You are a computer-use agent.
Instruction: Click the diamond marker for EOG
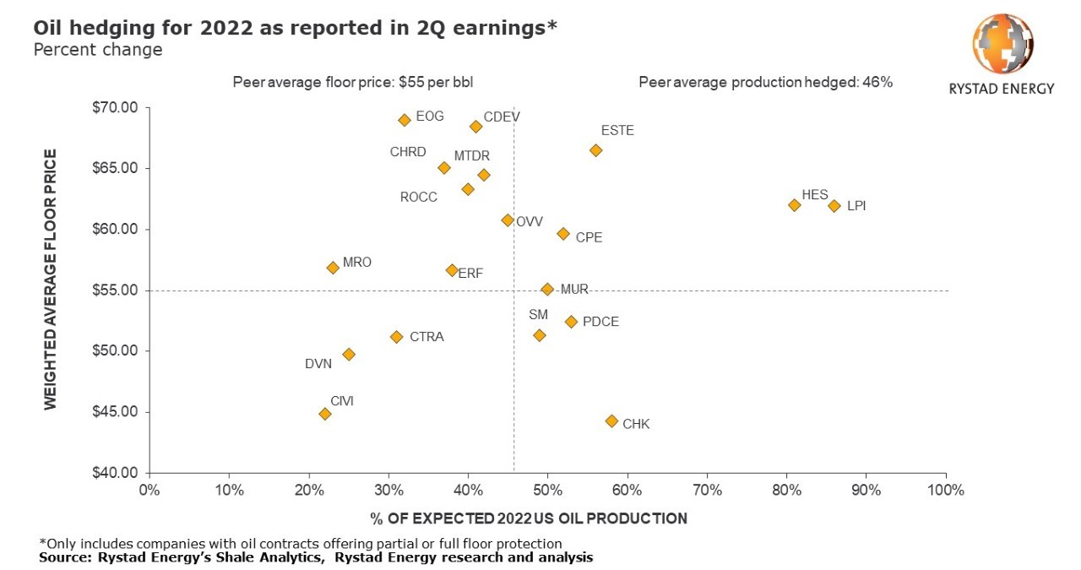[405, 120]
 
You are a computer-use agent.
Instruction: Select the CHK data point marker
[612, 421]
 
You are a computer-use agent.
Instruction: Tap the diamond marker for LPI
[834, 206]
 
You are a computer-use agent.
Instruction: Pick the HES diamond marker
[795, 205]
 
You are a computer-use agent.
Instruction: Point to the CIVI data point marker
[325, 414]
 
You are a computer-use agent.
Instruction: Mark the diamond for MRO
[333, 268]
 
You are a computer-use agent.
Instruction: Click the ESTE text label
[617, 131]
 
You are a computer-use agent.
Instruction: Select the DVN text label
[318, 364]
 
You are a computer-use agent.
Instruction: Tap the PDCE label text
[600, 322]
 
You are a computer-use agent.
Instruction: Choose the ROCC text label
[419, 197]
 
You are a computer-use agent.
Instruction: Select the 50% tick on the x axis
[547, 490]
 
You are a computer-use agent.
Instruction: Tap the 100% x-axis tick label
[945, 490]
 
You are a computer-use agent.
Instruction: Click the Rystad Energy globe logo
[1002, 45]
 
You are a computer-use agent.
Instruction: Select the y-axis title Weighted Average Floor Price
[51, 280]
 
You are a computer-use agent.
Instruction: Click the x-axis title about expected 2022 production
[528, 518]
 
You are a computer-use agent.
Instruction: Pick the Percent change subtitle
[98, 50]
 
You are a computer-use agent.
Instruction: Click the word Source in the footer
[62, 558]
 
